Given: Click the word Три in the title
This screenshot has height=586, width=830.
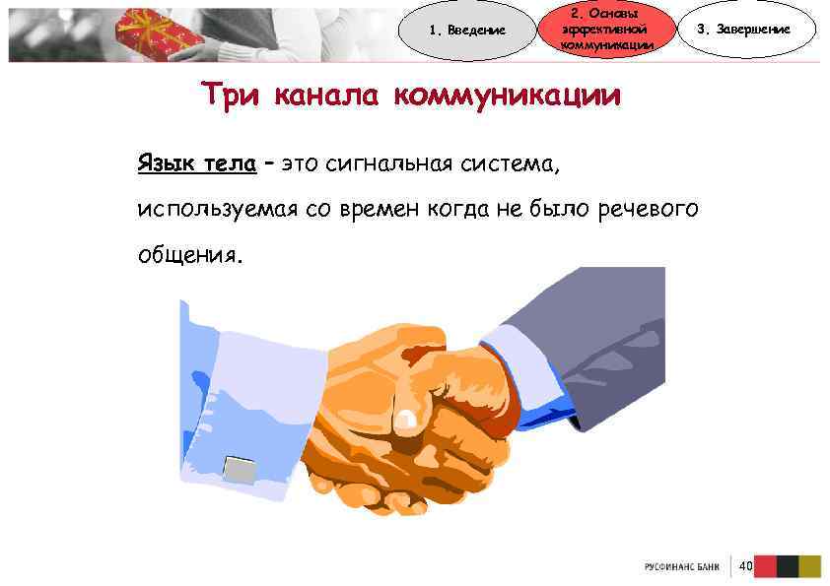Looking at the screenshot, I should pyautogui.click(x=232, y=97).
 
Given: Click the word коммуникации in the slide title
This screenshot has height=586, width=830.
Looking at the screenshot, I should pyautogui.click(x=507, y=97).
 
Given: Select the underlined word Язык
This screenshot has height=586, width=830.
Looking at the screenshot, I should pyautogui.click(x=165, y=163).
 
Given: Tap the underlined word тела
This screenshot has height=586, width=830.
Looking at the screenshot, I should pyautogui.click(x=229, y=163).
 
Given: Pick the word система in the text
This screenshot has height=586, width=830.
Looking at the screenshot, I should pyautogui.click(x=513, y=163).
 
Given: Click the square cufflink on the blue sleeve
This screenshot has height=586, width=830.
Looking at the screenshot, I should pyautogui.click(x=240, y=468).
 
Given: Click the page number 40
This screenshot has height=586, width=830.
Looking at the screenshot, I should pyautogui.click(x=745, y=565).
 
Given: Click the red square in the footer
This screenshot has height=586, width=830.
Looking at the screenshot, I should pyautogui.click(x=766, y=566).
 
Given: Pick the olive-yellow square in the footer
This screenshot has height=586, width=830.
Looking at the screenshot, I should pyautogui.click(x=810, y=566).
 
